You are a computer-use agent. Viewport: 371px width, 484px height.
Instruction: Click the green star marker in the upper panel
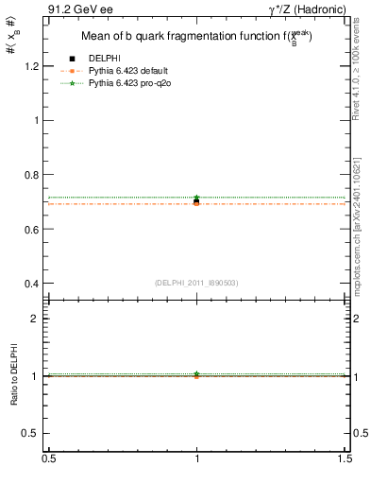pyautogui.click(x=196, y=198)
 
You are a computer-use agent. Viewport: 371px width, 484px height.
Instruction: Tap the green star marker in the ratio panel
pyautogui.click(x=196, y=373)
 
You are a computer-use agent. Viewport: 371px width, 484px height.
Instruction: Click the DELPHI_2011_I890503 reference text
pyautogui.click(x=196, y=283)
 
